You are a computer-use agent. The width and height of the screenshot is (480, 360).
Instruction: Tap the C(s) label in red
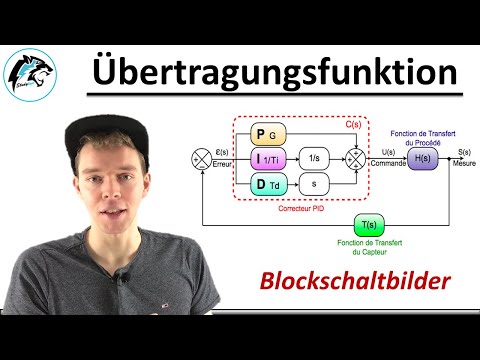[x=353, y=124]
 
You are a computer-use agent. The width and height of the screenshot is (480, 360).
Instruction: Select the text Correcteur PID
[x=300, y=212]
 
